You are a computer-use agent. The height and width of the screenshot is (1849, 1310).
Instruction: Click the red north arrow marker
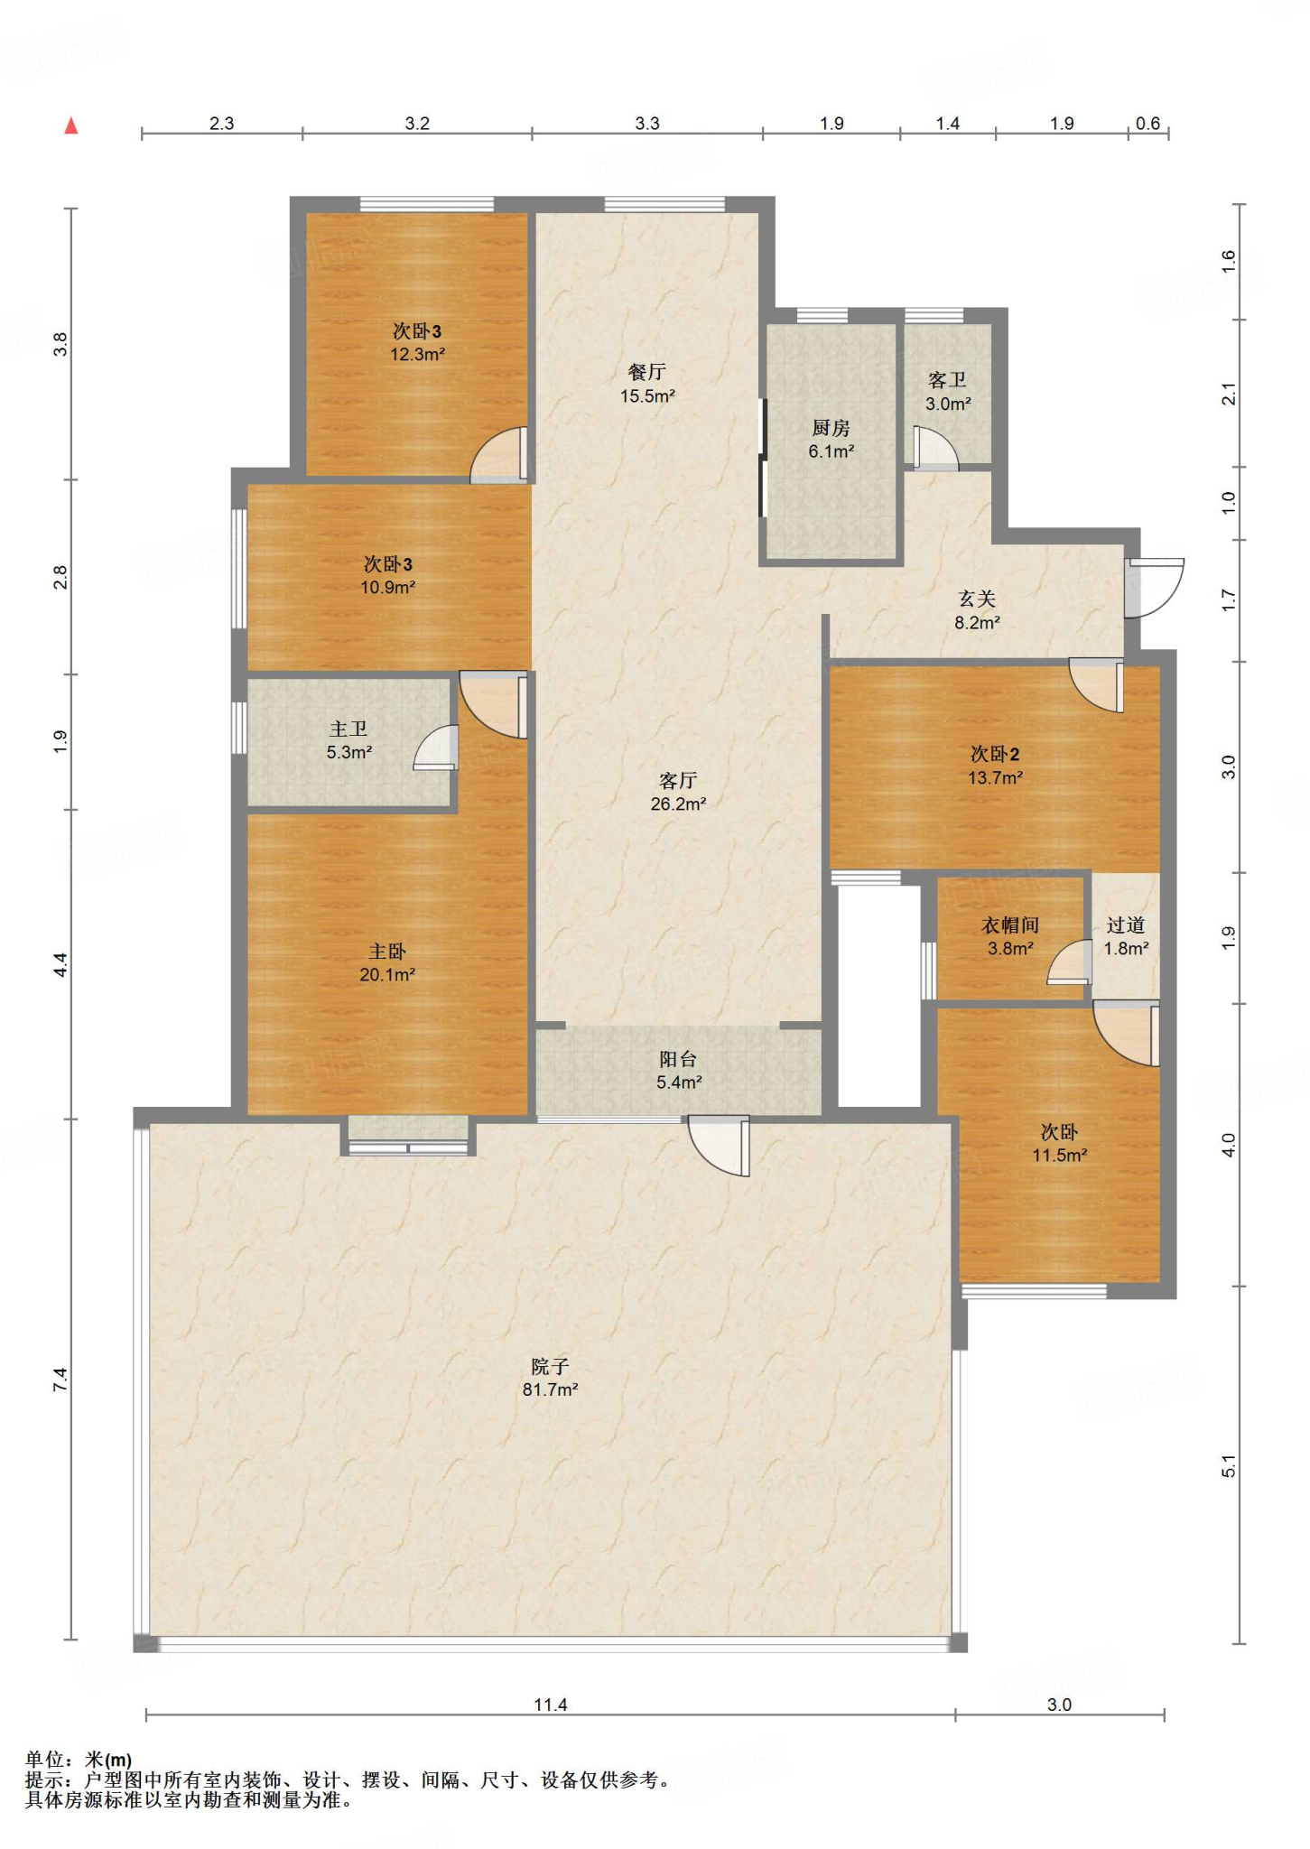pyautogui.click(x=71, y=126)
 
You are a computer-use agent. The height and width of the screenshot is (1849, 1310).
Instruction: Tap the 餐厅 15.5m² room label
pyautogui.click(x=647, y=384)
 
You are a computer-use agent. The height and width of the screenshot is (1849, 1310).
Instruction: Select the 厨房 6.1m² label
pyautogui.click(x=831, y=440)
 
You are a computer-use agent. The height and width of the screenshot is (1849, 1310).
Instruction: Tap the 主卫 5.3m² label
pyautogui.click(x=349, y=740)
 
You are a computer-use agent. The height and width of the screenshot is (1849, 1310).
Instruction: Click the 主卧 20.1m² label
pyautogui.click(x=387, y=963)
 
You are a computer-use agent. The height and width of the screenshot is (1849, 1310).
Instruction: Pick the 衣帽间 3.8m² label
pyautogui.click(x=1010, y=936)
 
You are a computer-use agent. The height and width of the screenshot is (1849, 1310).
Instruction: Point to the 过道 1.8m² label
pyautogui.click(x=1126, y=936)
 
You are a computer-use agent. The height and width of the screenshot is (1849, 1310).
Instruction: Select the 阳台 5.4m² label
pyautogui.click(x=679, y=1070)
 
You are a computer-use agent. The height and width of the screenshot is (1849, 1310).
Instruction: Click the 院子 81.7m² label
pyautogui.click(x=550, y=1378)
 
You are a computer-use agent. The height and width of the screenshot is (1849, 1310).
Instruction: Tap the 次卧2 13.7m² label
pyautogui.click(x=995, y=766)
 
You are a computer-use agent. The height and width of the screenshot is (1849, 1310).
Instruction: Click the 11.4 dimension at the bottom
pyautogui.click(x=551, y=1705)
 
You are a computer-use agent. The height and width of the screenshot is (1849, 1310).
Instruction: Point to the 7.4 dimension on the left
pyautogui.click(x=60, y=1380)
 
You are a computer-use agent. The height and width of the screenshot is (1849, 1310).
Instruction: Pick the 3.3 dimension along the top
pyautogui.click(x=647, y=124)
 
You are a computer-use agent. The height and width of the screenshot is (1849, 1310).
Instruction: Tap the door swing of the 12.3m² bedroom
pyautogui.click(x=498, y=454)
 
